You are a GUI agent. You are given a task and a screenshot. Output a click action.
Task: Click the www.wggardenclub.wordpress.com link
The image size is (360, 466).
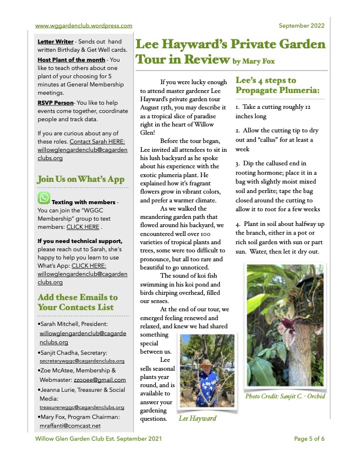click(x=83, y=25)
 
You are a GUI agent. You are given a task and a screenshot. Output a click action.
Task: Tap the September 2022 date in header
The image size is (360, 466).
click(x=301, y=25)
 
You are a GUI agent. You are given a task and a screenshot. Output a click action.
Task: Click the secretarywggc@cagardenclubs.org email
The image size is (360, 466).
click(x=82, y=360)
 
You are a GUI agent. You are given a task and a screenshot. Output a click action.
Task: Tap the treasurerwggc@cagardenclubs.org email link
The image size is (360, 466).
click(x=82, y=407)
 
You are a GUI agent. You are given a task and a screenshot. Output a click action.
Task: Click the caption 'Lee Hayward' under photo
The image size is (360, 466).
click(x=197, y=418)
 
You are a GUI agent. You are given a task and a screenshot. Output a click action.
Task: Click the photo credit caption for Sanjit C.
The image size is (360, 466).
click(x=286, y=395)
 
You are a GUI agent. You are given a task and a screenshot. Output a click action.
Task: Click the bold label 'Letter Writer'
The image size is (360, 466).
click(x=55, y=42)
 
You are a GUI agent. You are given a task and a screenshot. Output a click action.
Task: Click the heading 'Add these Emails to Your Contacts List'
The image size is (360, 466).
click(x=77, y=302)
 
